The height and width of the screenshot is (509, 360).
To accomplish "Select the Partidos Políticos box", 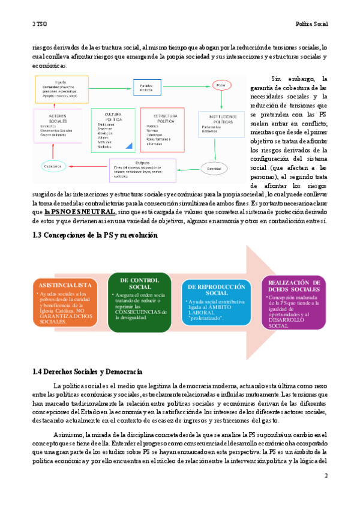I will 146,89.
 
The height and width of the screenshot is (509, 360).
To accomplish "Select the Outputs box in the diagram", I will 142,170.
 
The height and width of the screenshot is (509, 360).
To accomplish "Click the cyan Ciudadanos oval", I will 53,165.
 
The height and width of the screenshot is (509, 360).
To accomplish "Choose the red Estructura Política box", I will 162,128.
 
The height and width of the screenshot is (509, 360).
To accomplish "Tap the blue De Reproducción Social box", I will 217,303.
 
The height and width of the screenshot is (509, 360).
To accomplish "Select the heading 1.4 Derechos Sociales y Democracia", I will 87,372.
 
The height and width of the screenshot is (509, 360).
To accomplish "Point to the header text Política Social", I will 312,25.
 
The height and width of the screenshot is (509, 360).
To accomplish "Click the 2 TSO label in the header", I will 40,25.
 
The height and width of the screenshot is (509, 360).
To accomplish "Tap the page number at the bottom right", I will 326,475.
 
